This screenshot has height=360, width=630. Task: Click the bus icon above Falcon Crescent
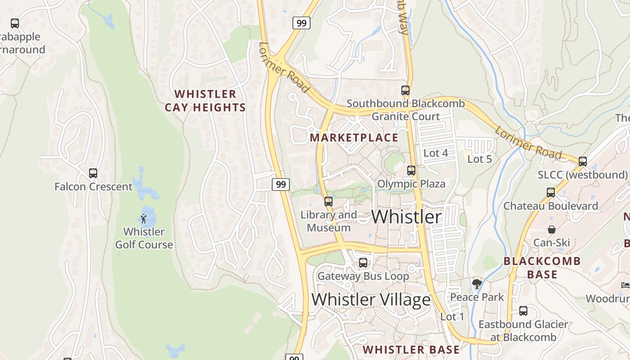(93, 173)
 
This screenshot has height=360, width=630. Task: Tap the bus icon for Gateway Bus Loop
(363, 262)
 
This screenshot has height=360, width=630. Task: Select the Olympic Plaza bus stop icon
(411, 171)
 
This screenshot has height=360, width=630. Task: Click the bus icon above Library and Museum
(328, 201)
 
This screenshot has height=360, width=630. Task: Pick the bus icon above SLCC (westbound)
(583, 161)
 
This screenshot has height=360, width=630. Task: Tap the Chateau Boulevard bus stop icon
(551, 193)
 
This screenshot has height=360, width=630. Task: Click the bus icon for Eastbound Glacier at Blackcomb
(523, 310)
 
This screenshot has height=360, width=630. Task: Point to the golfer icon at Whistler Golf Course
(144, 219)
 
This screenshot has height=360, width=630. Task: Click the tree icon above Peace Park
(477, 284)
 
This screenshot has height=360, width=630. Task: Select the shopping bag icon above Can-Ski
(552, 229)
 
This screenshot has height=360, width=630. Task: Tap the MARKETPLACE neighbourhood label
(355, 138)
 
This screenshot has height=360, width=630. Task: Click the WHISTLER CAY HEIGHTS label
(205, 101)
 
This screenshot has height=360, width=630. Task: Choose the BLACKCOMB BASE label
(542, 268)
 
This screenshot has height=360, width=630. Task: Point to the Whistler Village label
(371, 299)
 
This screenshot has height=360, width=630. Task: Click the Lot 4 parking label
(436, 153)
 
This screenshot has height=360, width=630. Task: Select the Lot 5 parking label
(480, 159)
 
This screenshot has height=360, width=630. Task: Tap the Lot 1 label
(452, 317)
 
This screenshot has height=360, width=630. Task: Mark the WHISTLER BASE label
(411, 350)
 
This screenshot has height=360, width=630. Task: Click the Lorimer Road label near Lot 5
(528, 143)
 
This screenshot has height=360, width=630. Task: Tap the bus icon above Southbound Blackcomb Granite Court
(405, 90)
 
